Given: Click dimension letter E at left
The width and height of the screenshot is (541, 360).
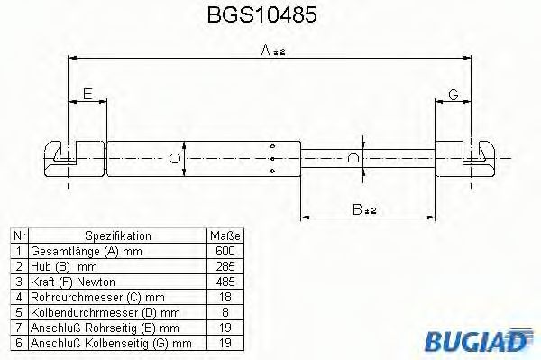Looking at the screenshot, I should (87, 94).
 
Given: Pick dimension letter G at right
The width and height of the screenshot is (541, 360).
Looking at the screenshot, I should (454, 94).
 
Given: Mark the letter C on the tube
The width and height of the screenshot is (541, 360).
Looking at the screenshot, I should (176, 160).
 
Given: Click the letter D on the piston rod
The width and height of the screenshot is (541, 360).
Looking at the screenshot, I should (353, 160).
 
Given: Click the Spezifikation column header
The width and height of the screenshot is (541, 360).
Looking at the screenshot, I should (117, 236).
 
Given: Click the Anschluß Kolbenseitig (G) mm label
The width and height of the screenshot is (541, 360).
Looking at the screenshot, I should (111, 344).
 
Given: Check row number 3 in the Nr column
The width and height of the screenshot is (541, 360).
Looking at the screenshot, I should (17, 282).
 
